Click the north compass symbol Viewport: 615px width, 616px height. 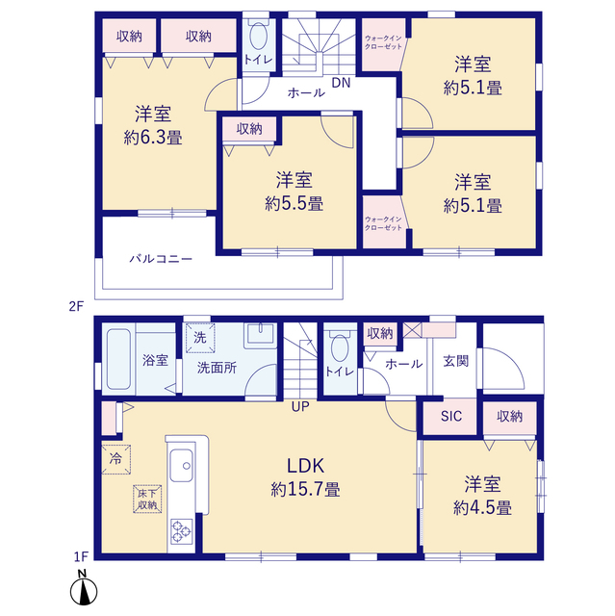(x=84, y=588)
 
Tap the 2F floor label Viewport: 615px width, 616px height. (x=77, y=306)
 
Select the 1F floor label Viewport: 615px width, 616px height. (x=81, y=556)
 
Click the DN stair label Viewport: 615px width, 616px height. (x=341, y=83)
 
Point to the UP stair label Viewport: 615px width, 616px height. (x=300, y=406)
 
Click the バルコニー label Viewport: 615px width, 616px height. (x=161, y=259)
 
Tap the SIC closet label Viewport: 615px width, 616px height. (x=451, y=416)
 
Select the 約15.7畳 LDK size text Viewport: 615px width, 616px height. (x=305, y=490)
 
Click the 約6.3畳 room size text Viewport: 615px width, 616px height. (x=153, y=138)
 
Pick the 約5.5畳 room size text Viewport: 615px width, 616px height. (x=294, y=204)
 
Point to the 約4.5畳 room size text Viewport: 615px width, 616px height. (x=482, y=508)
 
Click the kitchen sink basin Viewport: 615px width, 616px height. (x=182, y=466)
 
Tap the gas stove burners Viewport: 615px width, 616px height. (x=182, y=531)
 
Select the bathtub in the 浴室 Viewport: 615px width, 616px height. (x=118, y=359)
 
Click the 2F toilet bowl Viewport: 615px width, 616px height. (x=258, y=35)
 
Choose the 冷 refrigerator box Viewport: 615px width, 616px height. (x=115, y=459)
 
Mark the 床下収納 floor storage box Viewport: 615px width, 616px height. (x=147, y=500)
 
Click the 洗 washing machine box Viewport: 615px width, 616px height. (x=200, y=338)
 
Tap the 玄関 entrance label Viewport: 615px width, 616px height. (x=456, y=361)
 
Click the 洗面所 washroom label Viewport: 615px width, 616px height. (x=217, y=368)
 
